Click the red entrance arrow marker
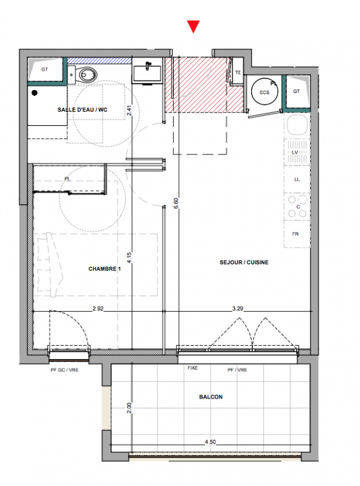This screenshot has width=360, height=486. tap(193, 26)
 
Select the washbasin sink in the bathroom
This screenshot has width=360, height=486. tap(147, 73)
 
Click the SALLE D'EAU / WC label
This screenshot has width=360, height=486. tap(83, 110)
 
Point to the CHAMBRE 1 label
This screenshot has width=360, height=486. tap(104, 269)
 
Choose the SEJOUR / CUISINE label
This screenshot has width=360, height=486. tap(244, 262)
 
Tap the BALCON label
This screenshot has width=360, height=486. tap(211, 397)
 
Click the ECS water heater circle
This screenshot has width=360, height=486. tap(265, 92)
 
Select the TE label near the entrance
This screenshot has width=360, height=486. tap(238, 72)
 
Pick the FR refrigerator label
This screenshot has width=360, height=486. tap(296, 234)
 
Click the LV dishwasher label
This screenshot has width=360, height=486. tap(295, 152)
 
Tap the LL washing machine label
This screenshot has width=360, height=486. tap(297, 179)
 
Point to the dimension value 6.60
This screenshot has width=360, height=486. tap(176, 203)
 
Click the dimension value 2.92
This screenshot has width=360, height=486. tap(98, 309)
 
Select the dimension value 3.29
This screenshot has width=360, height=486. tap(238, 309)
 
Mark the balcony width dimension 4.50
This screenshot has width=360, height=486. tap(210, 442)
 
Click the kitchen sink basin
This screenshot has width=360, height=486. tap(297, 125)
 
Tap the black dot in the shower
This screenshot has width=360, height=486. tap(35, 93)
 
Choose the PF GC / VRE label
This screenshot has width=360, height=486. tap(64, 370)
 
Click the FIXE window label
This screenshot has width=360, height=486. tap(192, 368)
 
